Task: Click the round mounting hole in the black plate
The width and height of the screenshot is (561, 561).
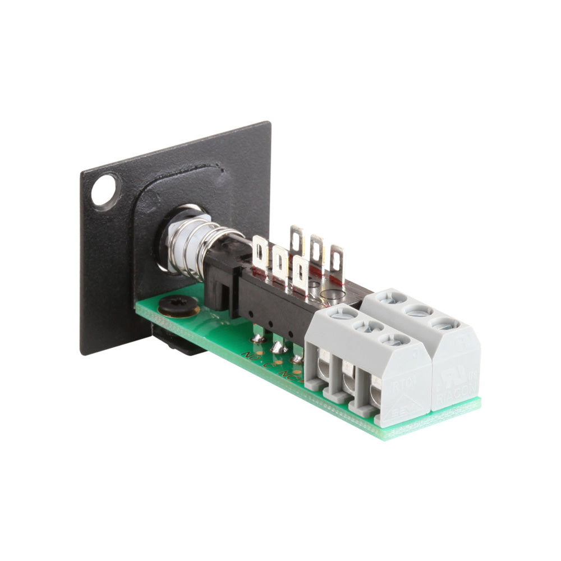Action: click(105, 190)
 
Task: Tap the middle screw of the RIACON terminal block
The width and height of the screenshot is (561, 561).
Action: click(420, 311)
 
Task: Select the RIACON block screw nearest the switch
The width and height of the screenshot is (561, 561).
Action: click(393, 298)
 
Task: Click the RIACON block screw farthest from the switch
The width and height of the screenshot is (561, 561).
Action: click(446, 324)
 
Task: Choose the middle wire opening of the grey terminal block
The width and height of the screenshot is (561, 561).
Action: click(348, 381)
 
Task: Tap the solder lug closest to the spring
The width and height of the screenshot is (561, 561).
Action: click(260, 251)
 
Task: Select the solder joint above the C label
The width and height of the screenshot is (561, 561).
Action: click(278, 347)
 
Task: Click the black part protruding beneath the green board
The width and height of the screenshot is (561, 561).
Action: click(174, 342)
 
